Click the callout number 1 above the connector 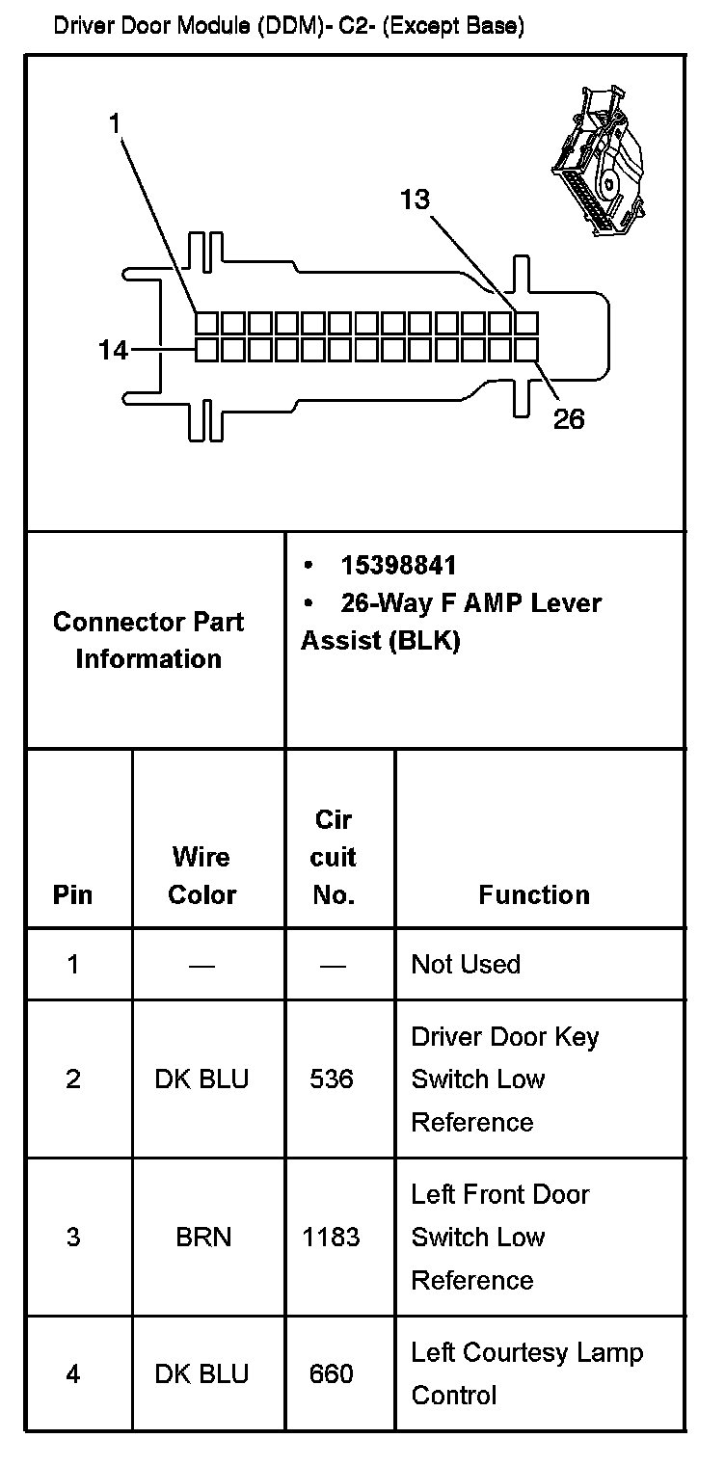coord(114,123)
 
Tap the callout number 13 coord(415,200)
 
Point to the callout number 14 coord(113,351)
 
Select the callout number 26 coord(568,418)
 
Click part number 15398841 coord(398,566)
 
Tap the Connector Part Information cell coord(148,640)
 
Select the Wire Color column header coord(201,875)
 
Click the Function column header coord(534,894)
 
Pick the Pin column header coord(73,894)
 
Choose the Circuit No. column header coord(334,857)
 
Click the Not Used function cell coord(466,964)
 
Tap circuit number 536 coord(332,1079)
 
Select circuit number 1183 coord(332,1237)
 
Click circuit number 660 coord(332,1373)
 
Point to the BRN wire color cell coord(203,1237)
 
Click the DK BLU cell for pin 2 coord(201,1079)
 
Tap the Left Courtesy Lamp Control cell coord(526,1373)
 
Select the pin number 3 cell coord(73,1237)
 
